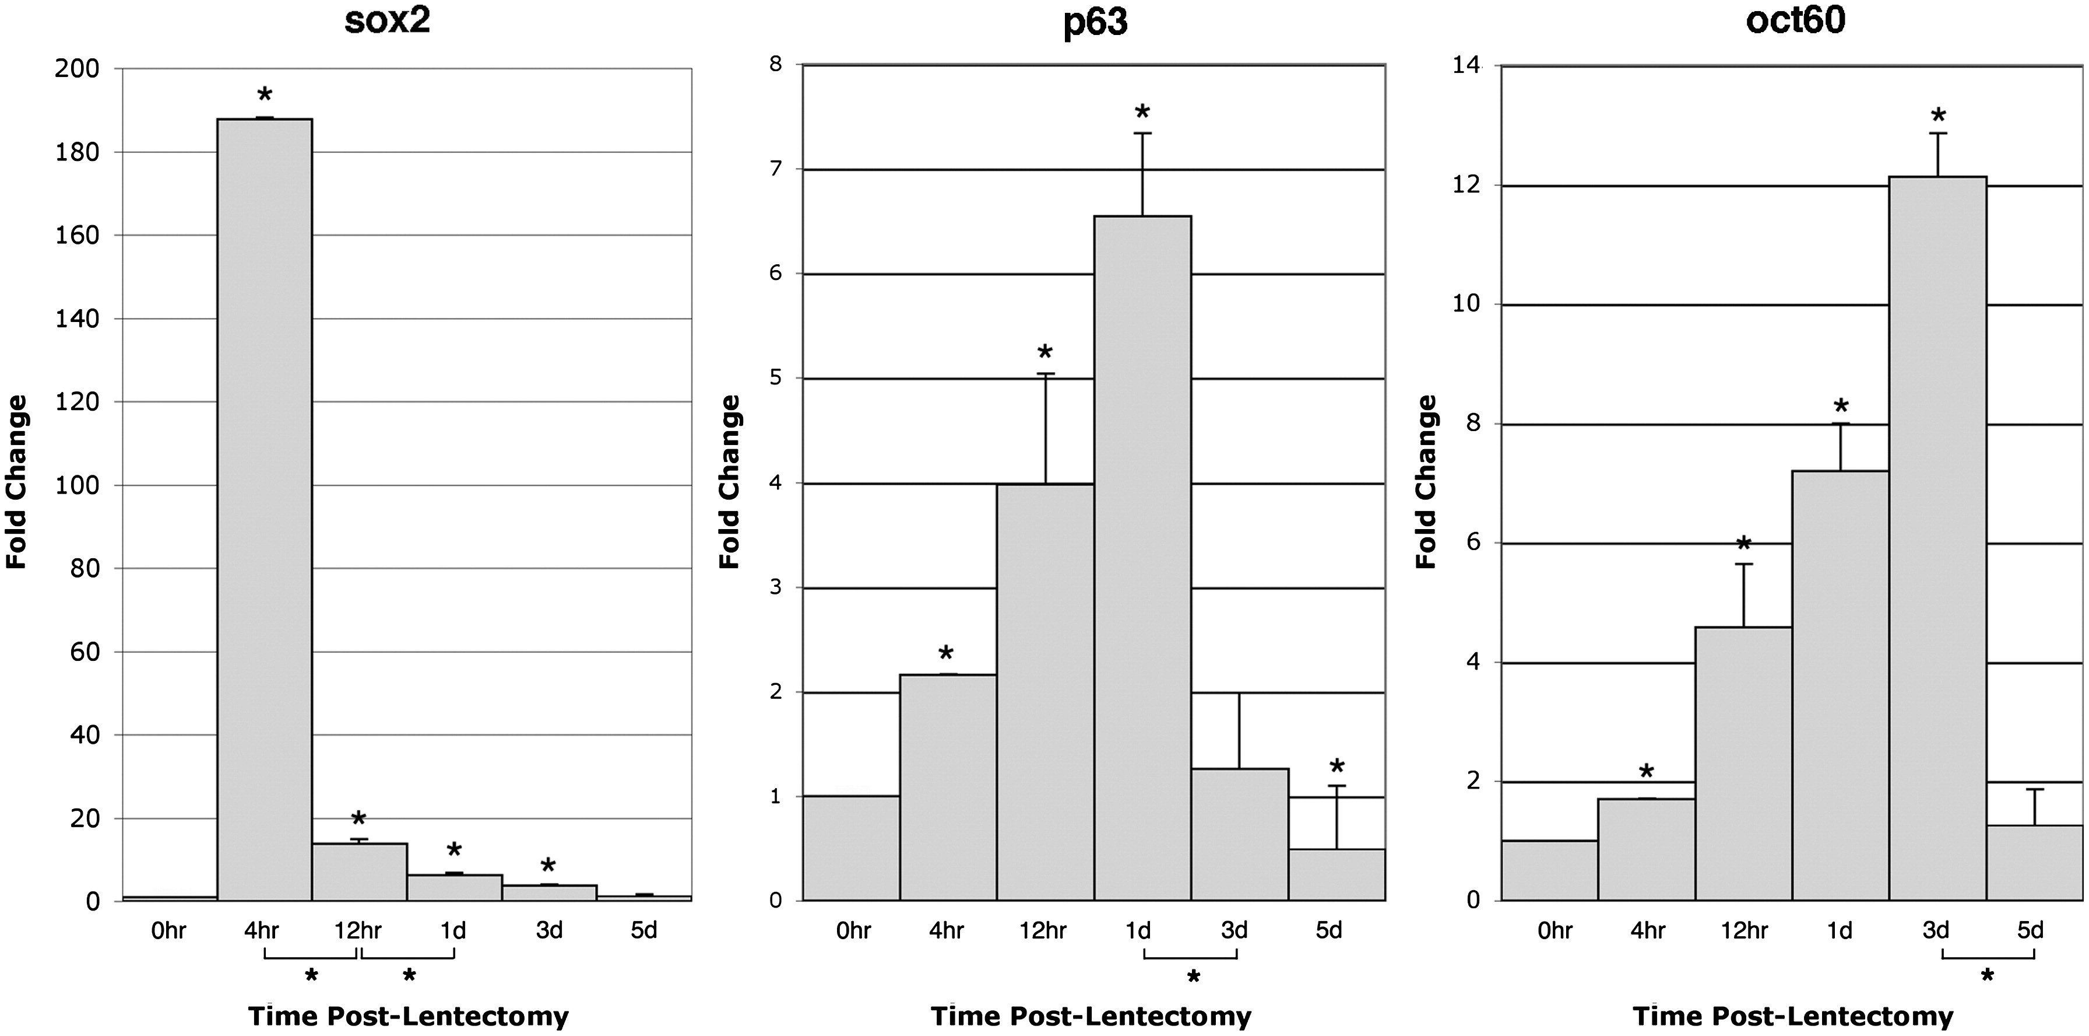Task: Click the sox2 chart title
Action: click(x=387, y=21)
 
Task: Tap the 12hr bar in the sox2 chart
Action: click(x=359, y=872)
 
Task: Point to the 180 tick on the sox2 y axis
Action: click(x=76, y=152)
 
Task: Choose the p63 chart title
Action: click(x=1094, y=23)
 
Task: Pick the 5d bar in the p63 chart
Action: click(x=1337, y=874)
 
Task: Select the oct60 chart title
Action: click(x=1795, y=21)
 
